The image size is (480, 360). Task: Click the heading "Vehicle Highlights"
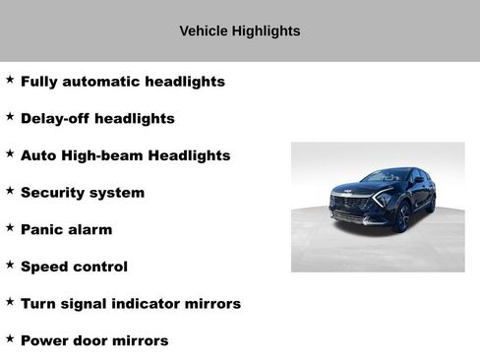pos(240,31)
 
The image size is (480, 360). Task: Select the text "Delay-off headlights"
pos(97,119)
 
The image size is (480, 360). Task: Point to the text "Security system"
pos(83,193)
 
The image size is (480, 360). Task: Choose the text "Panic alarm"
pos(66,230)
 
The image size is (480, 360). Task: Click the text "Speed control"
pos(74,267)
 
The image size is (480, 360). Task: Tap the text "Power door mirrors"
pos(94,341)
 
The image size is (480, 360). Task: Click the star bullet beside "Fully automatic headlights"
pos(10,80)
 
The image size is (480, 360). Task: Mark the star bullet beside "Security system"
pos(10,191)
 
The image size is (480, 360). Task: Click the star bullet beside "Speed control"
pos(10,265)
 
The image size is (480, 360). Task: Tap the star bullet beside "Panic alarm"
pos(10,228)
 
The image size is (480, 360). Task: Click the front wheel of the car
pos(401,218)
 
